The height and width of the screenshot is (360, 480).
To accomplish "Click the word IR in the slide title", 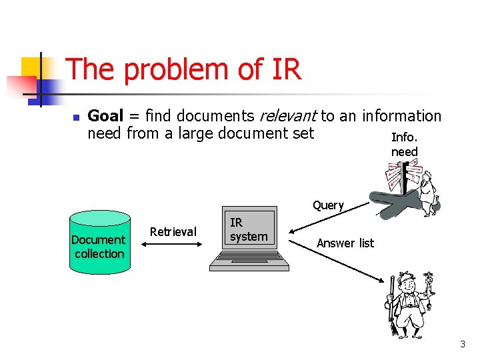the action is pyautogui.click(x=287, y=69).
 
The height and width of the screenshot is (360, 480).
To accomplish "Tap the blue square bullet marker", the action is pyautogui.click(x=76, y=117).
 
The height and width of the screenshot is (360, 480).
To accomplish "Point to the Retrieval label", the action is pyautogui.click(x=173, y=231).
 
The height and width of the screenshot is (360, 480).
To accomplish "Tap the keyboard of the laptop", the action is pyautogui.click(x=249, y=262).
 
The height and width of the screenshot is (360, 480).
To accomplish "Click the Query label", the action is pyautogui.click(x=328, y=205).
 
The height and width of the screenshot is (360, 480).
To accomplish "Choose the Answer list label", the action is pyautogui.click(x=345, y=243).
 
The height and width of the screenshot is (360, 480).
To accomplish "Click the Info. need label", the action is pyautogui.click(x=404, y=145).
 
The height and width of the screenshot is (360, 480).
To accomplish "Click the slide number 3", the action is pyautogui.click(x=462, y=344).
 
